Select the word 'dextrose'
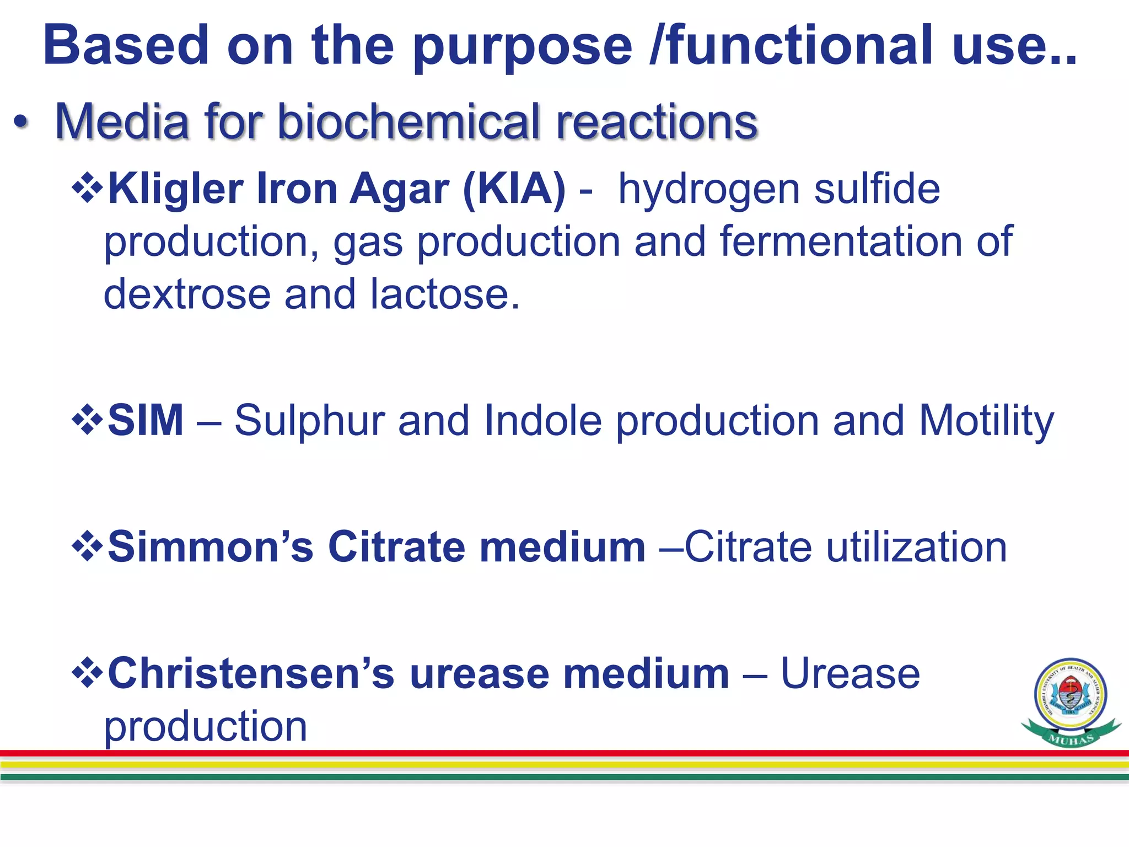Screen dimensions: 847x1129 coord(187,294)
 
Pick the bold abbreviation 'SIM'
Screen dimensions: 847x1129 coord(146,420)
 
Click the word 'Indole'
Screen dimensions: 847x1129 coord(542,420)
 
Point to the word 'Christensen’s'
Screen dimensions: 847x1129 coord(251,674)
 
